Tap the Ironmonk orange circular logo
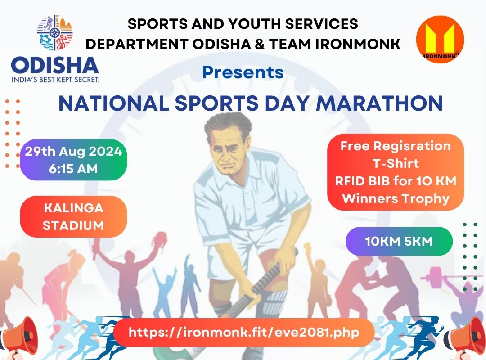coord(440,40)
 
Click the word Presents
coord(243,72)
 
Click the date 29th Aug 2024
coord(73,152)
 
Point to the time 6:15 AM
coord(73,170)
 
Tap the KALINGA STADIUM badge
coord(73,216)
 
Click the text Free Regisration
coord(396,146)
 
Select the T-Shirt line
coord(396,164)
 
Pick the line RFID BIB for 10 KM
coord(396,181)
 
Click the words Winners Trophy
coord(396,198)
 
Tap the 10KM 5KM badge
coord(399,241)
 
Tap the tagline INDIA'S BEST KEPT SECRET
coord(55,80)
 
